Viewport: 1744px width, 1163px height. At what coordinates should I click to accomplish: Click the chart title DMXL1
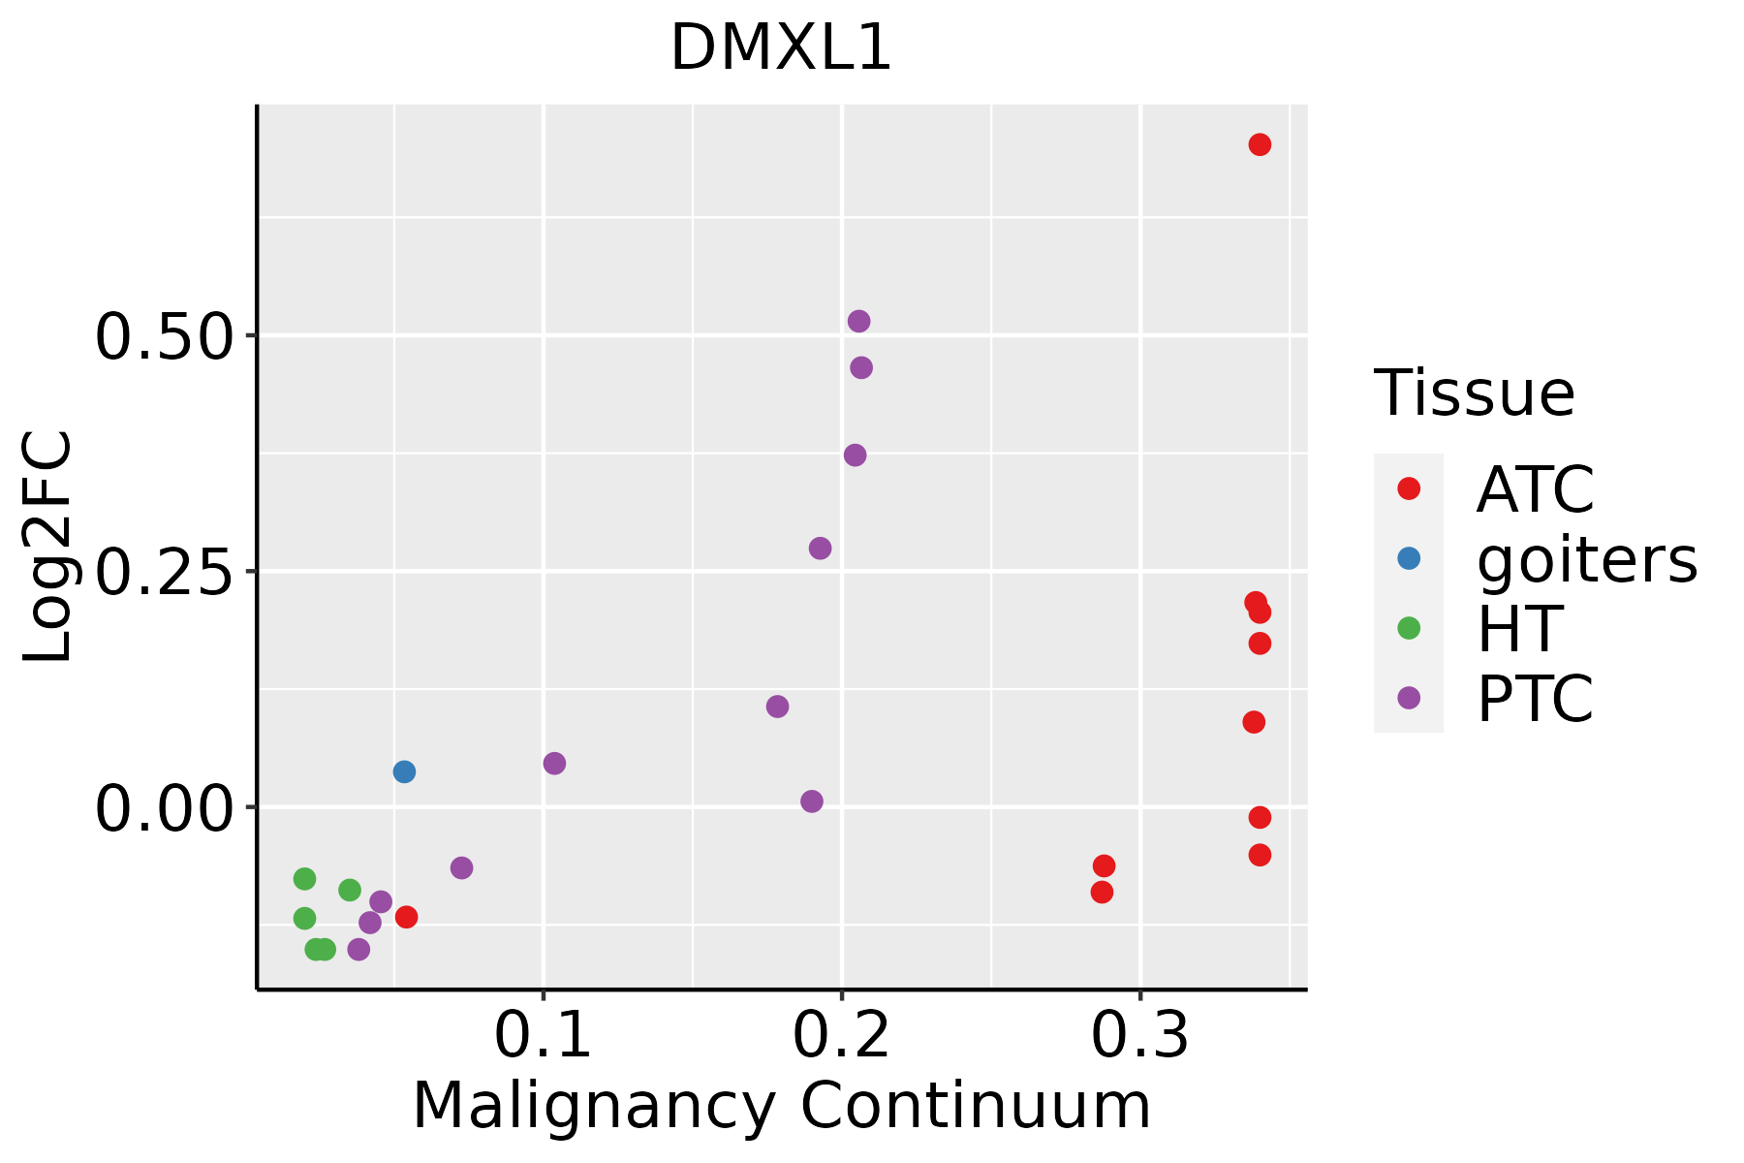click(x=780, y=48)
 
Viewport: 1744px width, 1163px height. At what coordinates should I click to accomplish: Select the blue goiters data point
click(x=405, y=771)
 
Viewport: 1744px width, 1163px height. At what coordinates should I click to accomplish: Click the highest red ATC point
click(x=1260, y=144)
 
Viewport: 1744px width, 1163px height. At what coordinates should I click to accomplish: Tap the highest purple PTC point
click(x=858, y=321)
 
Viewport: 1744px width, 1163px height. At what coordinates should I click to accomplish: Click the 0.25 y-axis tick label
click(x=164, y=572)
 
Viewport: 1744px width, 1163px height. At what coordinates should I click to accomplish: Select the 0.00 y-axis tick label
click(x=164, y=807)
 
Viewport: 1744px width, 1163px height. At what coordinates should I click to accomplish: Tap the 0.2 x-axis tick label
click(x=841, y=1035)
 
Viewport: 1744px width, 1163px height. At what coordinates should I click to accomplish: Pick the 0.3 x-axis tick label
click(x=1139, y=1035)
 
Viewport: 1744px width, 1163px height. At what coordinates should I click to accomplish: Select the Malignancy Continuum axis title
click(x=781, y=1106)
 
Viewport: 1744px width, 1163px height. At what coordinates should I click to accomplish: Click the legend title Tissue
click(x=1475, y=393)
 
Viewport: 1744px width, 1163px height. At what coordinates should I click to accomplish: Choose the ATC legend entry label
click(x=1535, y=489)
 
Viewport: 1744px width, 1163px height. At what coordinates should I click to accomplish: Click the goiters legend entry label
click(x=1586, y=559)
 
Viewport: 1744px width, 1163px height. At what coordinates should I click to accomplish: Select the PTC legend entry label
click(x=1535, y=699)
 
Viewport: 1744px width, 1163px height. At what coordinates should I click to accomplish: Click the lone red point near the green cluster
click(x=407, y=917)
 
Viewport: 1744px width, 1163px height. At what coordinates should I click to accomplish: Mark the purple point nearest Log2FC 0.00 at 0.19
click(x=812, y=802)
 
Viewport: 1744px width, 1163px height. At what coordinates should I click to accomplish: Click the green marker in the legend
click(x=1409, y=628)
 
